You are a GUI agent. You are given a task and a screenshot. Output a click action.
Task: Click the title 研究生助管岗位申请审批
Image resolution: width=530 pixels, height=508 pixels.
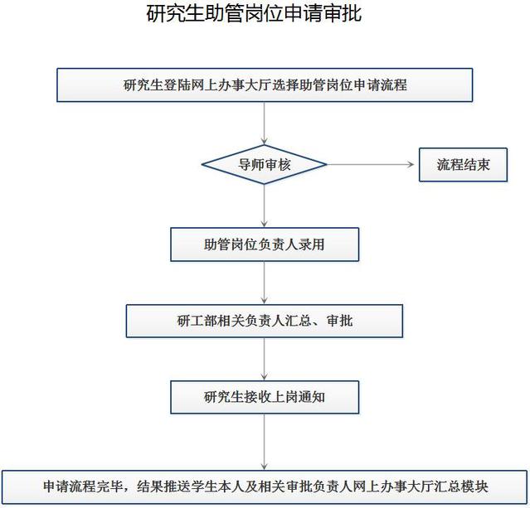tap(254, 14)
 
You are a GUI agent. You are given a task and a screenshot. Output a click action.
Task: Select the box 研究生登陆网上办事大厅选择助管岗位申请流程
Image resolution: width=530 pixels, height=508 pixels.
tap(265, 85)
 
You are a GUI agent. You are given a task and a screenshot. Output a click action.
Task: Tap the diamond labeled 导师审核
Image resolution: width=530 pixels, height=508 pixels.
tap(265, 164)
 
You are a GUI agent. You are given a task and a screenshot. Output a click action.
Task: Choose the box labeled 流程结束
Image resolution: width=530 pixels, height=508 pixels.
tap(463, 164)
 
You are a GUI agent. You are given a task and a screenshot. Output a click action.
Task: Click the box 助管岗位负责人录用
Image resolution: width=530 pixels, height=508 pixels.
tap(265, 244)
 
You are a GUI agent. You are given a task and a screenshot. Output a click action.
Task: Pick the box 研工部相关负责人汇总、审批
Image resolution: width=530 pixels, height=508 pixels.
tap(265, 320)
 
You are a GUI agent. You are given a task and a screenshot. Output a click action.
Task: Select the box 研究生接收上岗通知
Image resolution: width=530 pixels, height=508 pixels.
tap(265, 396)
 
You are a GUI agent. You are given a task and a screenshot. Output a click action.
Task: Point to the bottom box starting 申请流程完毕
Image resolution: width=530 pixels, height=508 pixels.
tap(265, 486)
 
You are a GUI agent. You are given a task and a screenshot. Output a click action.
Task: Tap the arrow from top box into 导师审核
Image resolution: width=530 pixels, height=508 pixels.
tap(265, 123)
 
